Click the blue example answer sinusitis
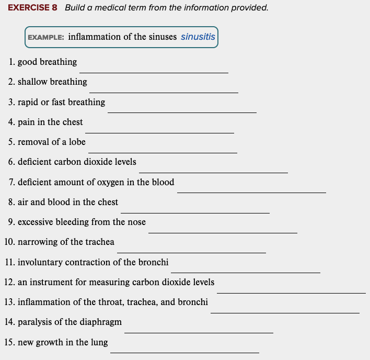[198, 37]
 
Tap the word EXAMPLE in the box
[45, 38]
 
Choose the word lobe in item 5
[77, 142]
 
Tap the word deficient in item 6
[34, 162]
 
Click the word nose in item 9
[136, 222]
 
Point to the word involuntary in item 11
[40, 262]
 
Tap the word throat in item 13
[110, 302]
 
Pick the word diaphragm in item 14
[100, 322]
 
